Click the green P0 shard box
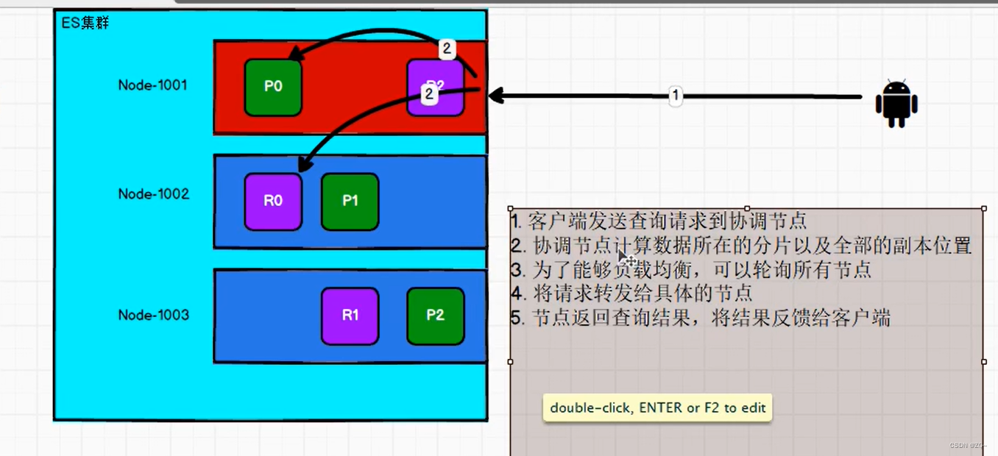[x=273, y=87]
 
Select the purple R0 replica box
[x=273, y=202]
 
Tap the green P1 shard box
[x=350, y=202]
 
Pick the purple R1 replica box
[x=350, y=316]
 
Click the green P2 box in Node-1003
[x=435, y=316]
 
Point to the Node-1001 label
[x=152, y=85]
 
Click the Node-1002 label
[x=153, y=194]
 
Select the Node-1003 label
[x=153, y=316]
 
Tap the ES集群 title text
[x=85, y=23]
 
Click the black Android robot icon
[x=896, y=103]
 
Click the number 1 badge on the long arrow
[x=675, y=96]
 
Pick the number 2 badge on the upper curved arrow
[x=446, y=49]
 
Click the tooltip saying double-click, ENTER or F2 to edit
[x=657, y=407]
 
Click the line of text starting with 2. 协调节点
[x=741, y=245]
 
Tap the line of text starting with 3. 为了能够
[x=691, y=269]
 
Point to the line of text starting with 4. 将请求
[x=631, y=293]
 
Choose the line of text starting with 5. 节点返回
[x=700, y=318]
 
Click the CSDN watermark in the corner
[x=968, y=446]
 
